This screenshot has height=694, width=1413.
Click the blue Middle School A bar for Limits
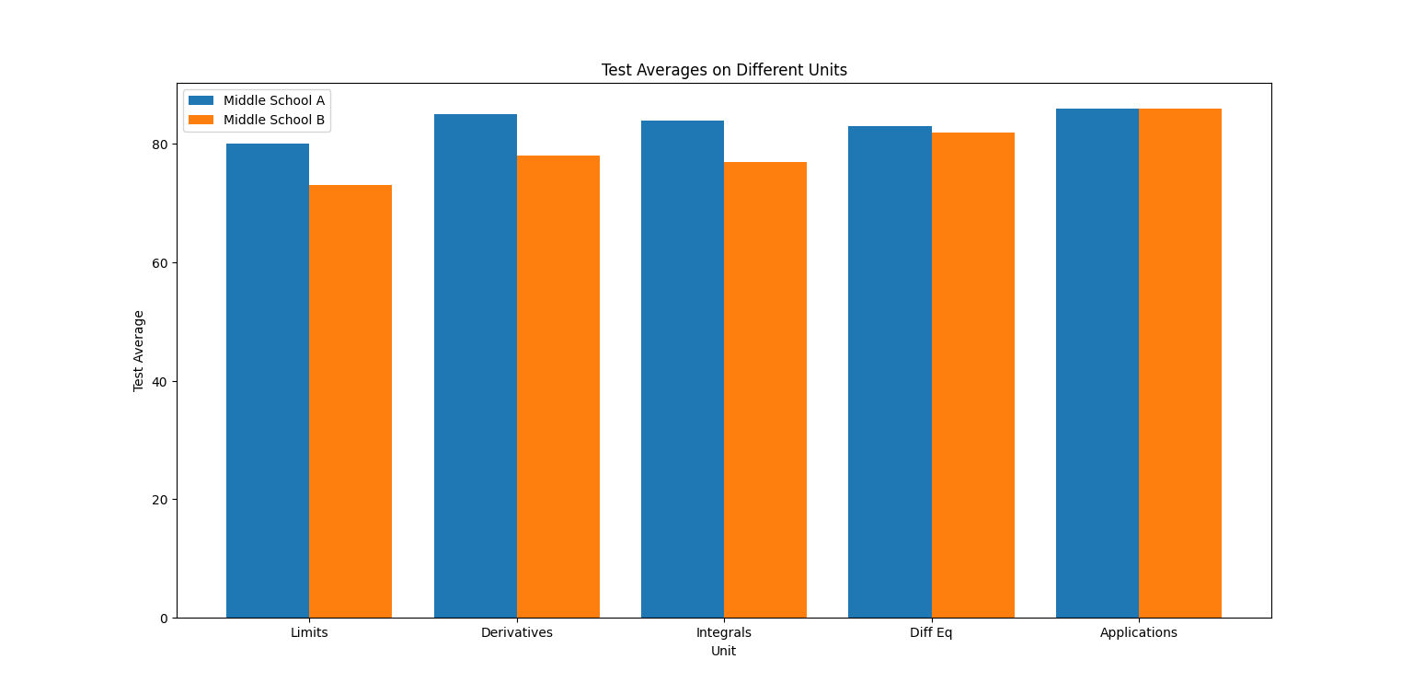click(268, 380)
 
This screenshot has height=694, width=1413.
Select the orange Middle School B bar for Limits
click(350, 401)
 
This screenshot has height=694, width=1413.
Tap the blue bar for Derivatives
click(476, 365)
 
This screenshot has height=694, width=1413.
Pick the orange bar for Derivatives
click(558, 387)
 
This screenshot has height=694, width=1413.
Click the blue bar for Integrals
click(683, 369)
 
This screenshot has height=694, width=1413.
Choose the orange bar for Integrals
click(765, 389)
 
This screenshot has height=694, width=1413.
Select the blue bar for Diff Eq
click(890, 372)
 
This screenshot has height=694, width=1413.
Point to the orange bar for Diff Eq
click(973, 375)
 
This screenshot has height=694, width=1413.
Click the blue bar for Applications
click(1097, 363)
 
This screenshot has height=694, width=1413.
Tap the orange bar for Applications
click(1180, 363)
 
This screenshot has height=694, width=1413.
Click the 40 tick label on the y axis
click(159, 381)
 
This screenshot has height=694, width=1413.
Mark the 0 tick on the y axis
click(164, 619)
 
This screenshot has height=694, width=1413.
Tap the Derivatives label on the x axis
click(517, 633)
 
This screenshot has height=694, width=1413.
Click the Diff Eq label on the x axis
click(931, 633)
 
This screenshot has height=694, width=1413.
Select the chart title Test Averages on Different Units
click(724, 70)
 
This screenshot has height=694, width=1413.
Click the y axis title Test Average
click(139, 351)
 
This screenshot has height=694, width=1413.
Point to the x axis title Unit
click(723, 652)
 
